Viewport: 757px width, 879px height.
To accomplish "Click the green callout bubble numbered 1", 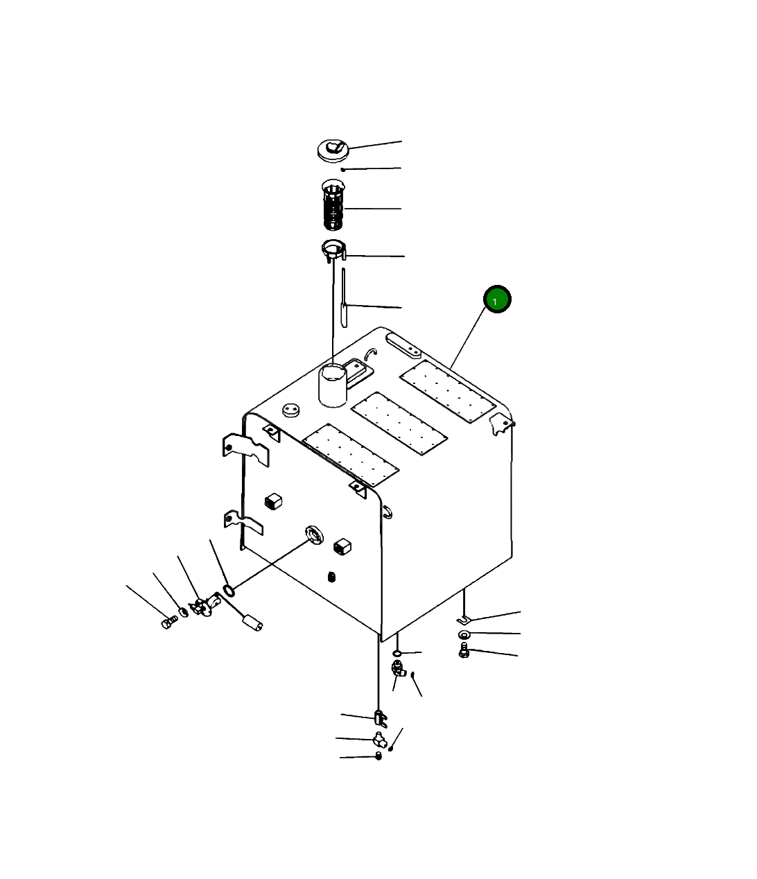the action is tap(497, 299).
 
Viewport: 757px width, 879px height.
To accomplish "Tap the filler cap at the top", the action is tap(333, 150).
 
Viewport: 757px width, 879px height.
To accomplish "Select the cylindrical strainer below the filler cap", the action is tap(333, 204).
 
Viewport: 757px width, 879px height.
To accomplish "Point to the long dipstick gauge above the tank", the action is tap(344, 297).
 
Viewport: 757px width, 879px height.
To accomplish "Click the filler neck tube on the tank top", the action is tap(333, 385).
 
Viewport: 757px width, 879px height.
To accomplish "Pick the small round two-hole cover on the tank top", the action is tap(291, 410).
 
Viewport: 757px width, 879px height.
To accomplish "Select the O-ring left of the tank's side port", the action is tap(228, 590).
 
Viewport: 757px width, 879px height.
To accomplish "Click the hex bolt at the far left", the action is tap(169, 623).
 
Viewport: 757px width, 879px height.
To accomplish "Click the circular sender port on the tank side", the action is tap(314, 534).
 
